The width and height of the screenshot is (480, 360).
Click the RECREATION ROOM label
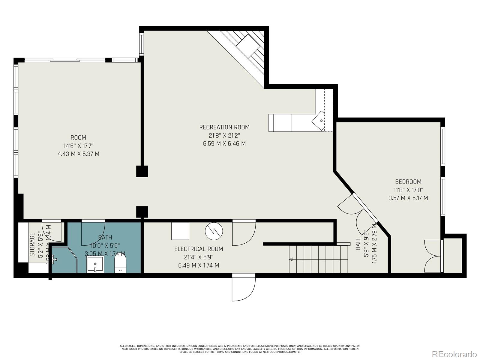click(x=224, y=127)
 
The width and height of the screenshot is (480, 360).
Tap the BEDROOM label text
click(x=408, y=181)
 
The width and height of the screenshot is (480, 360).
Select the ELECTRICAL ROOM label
click(x=199, y=249)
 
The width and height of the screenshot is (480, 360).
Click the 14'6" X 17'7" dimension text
click(x=78, y=146)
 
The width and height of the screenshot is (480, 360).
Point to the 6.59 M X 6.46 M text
click(x=224, y=143)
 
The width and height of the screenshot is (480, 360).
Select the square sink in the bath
click(x=95, y=264)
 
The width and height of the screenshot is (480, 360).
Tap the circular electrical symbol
click(x=214, y=231)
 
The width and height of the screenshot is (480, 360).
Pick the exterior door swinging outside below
click(x=244, y=288)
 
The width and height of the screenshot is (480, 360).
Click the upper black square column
click(x=142, y=171)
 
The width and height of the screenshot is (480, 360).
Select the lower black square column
click(x=142, y=211)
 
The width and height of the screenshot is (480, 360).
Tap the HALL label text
click(x=358, y=244)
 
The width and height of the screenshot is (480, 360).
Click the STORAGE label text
click(x=32, y=244)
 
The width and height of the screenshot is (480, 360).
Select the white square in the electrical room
click(x=180, y=231)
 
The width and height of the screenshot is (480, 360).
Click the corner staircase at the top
click(x=246, y=48)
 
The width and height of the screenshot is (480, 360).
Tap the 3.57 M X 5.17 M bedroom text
click(x=408, y=198)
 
